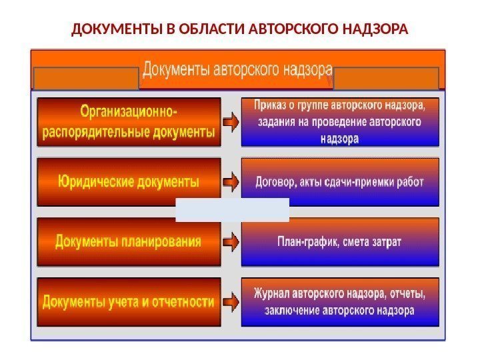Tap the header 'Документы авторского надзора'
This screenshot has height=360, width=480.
click(x=237, y=69)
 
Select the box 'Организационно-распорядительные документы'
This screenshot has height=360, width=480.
click(x=129, y=122)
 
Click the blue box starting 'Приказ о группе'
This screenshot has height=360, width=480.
click(x=339, y=122)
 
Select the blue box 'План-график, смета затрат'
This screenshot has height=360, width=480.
click(x=339, y=241)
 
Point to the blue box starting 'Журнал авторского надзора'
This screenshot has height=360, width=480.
click(x=339, y=302)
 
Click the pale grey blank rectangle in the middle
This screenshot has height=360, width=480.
click(x=232, y=209)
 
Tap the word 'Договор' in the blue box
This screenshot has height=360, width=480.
click(x=276, y=181)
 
